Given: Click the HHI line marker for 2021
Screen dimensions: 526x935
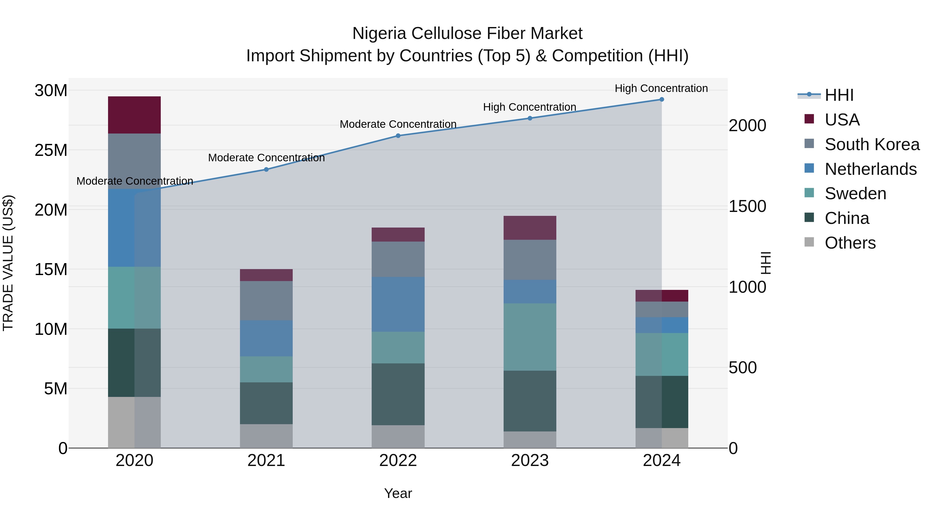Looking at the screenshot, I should [x=266, y=170].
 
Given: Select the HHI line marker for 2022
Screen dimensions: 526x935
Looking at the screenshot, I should [x=398, y=136].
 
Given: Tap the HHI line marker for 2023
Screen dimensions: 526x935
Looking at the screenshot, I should [x=530, y=118].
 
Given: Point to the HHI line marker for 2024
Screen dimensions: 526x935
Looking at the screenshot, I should [x=661, y=99].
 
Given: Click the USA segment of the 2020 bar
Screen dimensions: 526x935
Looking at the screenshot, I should [x=134, y=115].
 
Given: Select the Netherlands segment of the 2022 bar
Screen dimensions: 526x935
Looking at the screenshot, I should [x=398, y=304].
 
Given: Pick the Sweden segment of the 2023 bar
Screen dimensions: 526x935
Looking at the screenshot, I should [x=530, y=337].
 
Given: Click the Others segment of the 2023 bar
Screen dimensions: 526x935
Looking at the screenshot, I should [x=530, y=440].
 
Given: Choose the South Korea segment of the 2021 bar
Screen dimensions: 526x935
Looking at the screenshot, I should [x=266, y=301].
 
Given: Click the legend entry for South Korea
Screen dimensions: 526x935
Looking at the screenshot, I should [x=872, y=144].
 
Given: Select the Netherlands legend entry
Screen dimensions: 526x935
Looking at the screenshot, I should [x=870, y=169].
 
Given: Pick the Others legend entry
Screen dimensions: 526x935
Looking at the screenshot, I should [x=850, y=243].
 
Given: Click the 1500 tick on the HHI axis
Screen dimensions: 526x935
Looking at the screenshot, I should [x=747, y=207].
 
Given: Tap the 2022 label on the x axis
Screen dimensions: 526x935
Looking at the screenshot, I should [x=398, y=461].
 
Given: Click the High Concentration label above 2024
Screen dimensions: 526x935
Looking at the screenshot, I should [x=661, y=88].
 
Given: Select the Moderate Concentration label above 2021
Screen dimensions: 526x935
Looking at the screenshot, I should [x=266, y=158].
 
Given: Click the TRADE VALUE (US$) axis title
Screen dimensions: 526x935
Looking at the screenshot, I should [x=8, y=263].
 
